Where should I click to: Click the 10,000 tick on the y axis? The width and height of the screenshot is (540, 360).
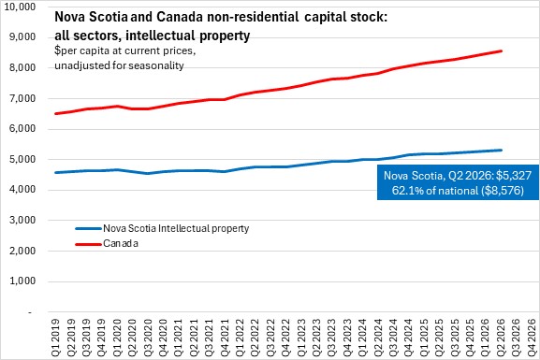point(19,7)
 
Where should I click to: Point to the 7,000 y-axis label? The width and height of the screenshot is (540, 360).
point(22,98)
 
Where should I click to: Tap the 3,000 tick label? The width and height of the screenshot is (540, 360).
point(22,220)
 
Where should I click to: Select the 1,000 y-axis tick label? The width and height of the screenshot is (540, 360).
point(22,281)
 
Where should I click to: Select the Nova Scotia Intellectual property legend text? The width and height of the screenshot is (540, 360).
point(176,228)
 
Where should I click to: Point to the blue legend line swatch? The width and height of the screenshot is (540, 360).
point(89,228)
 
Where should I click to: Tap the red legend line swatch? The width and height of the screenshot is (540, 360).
point(89,244)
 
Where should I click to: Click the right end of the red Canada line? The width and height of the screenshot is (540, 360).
point(501,51)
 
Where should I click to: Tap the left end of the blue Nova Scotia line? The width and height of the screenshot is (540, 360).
point(55,172)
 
